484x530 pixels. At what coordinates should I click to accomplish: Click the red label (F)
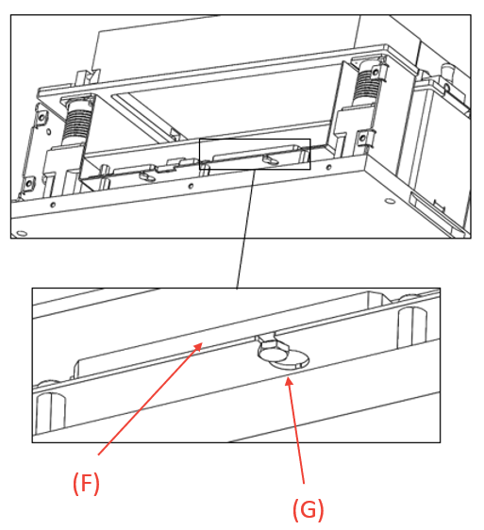tap(86, 484)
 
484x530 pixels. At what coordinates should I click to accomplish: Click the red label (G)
tap(309, 509)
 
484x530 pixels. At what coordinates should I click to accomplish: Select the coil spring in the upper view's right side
tap(367, 85)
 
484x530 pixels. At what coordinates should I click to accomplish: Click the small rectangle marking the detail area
tap(255, 139)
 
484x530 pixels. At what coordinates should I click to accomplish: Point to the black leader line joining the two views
tap(245, 229)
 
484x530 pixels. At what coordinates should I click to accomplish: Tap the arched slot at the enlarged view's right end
tap(412, 327)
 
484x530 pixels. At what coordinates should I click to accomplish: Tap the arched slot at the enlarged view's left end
tap(50, 412)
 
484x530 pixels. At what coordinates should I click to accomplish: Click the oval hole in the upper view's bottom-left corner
tap(22, 233)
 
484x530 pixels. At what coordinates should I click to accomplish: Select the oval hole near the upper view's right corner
tap(390, 202)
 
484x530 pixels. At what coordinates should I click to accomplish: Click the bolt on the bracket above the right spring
tap(376, 72)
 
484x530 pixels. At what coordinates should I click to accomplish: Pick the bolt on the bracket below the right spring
tap(362, 138)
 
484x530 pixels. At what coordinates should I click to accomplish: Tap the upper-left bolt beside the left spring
tap(42, 117)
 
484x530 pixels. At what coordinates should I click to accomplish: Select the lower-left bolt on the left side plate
tap(29, 184)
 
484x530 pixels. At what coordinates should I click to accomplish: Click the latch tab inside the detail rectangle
tap(271, 159)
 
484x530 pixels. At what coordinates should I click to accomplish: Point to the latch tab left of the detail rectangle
tap(146, 175)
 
